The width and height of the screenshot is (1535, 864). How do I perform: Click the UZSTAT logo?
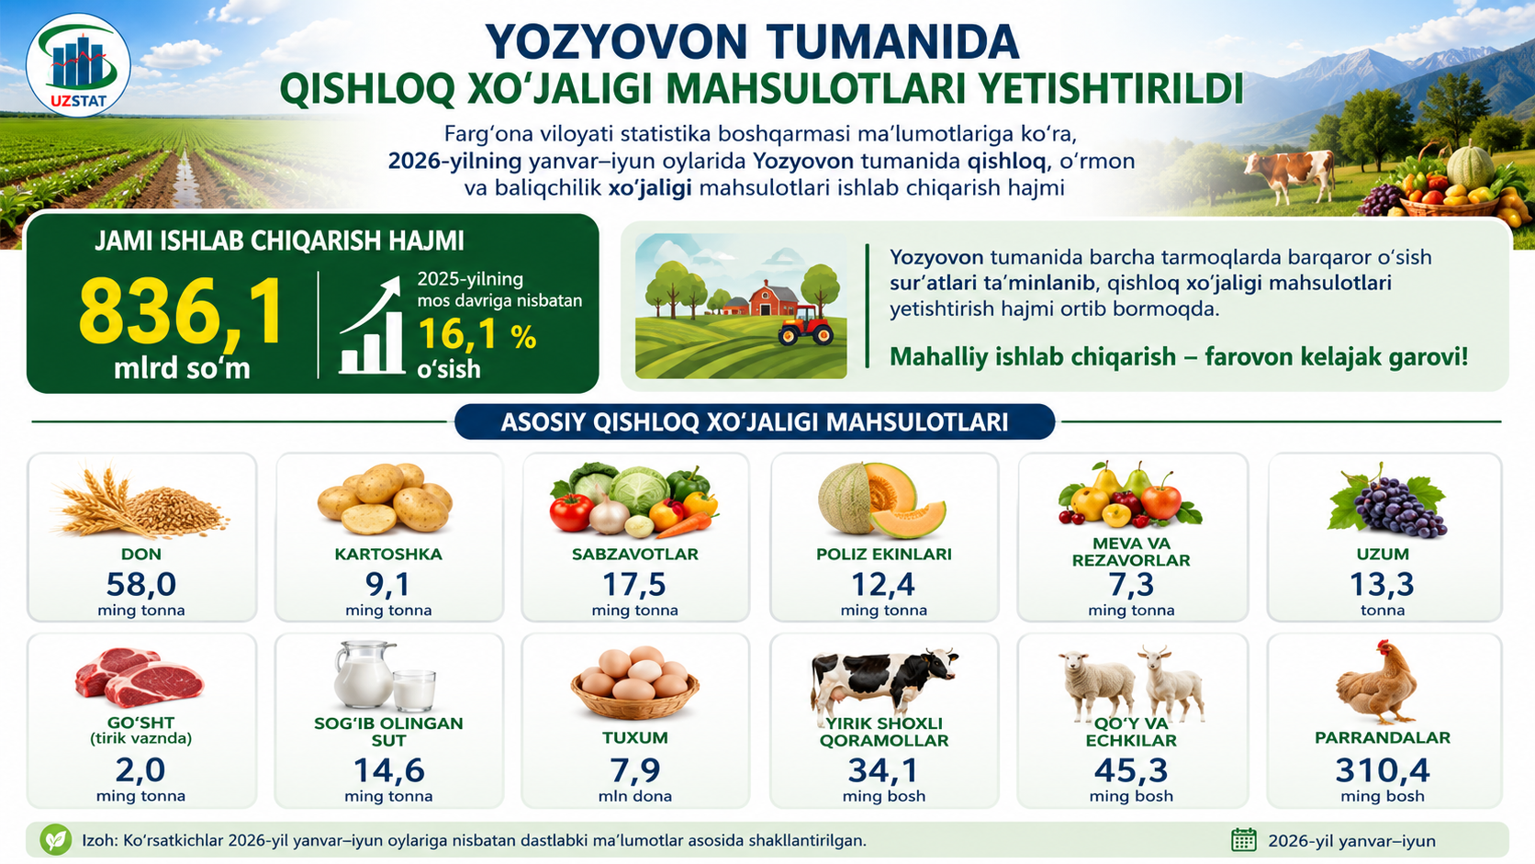[78, 66]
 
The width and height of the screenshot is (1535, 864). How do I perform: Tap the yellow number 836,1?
[180, 312]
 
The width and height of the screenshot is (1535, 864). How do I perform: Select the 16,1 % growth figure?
[477, 336]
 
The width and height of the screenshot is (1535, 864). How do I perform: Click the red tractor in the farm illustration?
[806, 325]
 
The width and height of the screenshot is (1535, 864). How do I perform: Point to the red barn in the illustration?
[774, 298]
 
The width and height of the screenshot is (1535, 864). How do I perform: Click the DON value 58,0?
[141, 585]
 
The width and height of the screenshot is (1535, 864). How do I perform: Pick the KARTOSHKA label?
[388, 554]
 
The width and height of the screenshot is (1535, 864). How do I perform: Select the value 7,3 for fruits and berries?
[1131, 585]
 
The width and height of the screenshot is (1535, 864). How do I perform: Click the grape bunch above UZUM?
[1388, 500]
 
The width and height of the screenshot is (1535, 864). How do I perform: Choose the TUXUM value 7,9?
[635, 770]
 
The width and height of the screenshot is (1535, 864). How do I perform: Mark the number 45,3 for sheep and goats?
[1131, 770]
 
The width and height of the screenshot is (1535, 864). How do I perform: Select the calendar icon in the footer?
[1244, 839]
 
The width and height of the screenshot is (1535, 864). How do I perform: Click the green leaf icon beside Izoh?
[55, 839]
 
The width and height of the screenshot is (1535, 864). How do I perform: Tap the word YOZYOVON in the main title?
[615, 42]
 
